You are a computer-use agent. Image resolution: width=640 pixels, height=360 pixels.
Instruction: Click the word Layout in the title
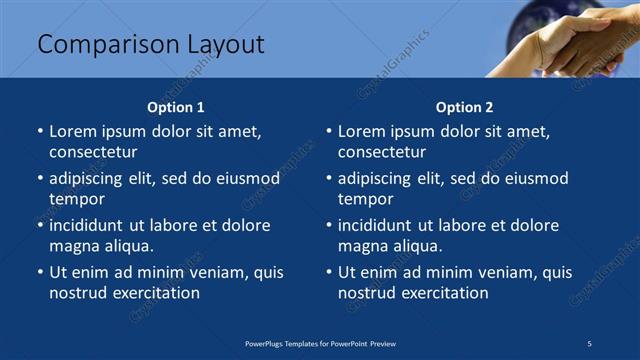click(225, 45)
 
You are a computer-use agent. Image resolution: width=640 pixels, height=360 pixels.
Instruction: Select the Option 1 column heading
click(176, 107)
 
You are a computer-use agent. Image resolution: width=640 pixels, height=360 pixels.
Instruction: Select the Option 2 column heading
click(465, 107)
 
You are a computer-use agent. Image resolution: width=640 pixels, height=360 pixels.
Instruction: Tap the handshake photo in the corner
click(570, 40)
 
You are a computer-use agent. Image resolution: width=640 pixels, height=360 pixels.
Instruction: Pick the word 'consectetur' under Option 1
click(93, 152)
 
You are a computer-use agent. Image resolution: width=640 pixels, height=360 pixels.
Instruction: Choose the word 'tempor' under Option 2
click(365, 199)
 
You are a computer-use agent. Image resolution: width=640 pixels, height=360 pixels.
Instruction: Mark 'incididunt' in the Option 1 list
click(89, 225)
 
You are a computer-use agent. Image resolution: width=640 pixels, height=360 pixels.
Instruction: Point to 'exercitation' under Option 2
click(443, 293)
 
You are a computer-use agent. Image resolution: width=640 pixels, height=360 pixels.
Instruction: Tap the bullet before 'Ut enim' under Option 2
click(329, 272)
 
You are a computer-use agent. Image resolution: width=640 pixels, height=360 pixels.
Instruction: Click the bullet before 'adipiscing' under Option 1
click(40, 179)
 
